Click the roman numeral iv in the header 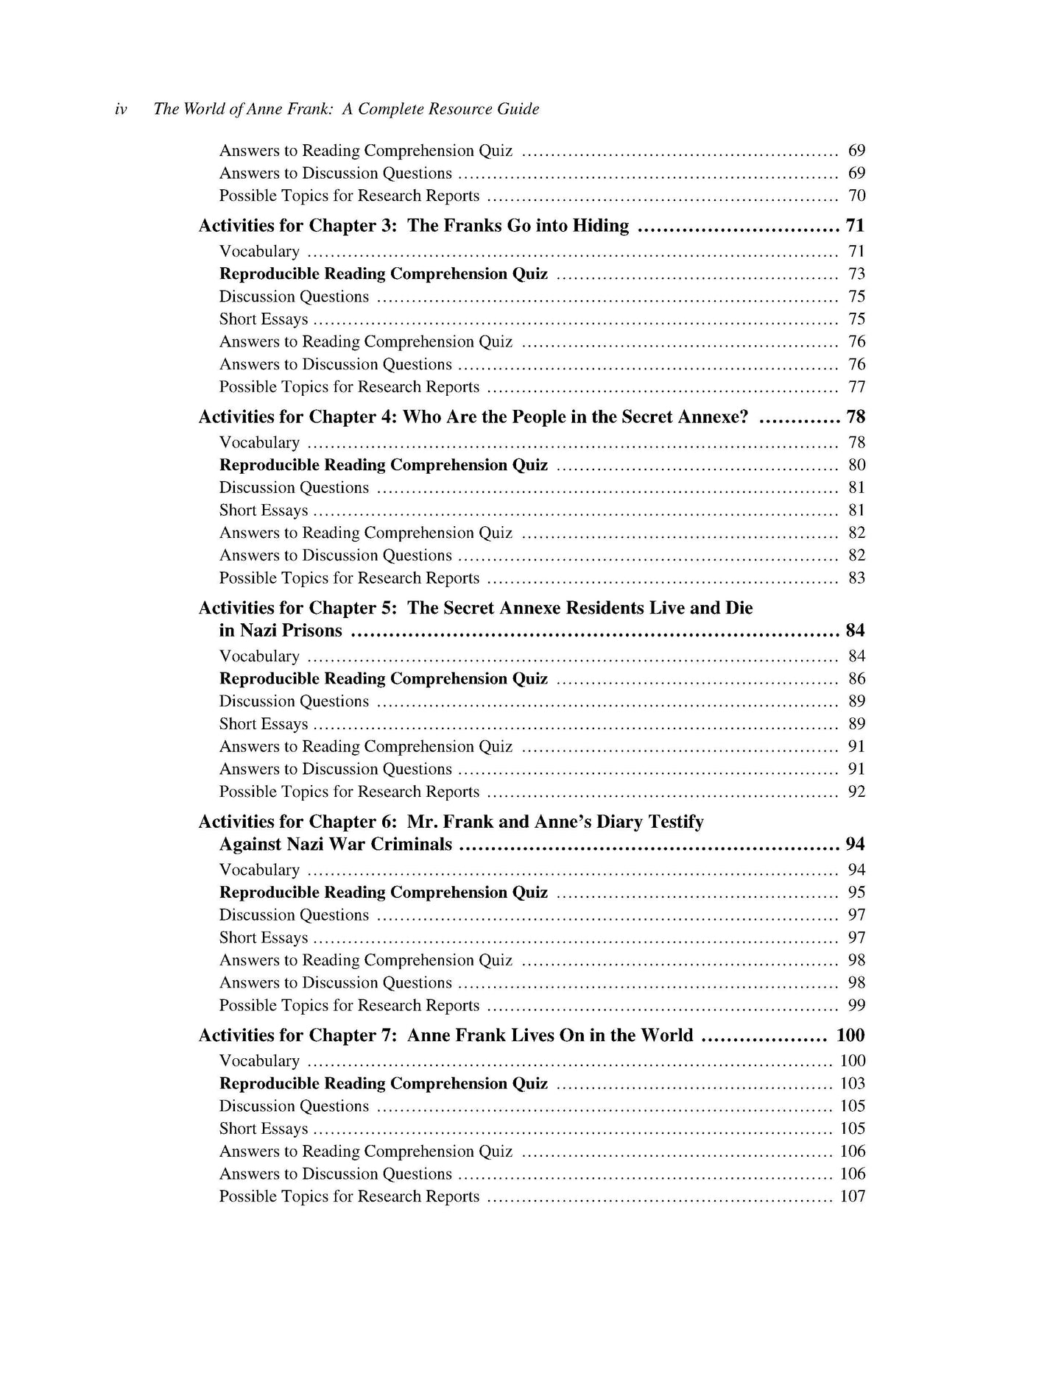(x=121, y=110)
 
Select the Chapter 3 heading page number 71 (x=855, y=226)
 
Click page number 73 (x=856, y=274)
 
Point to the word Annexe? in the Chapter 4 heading (x=716, y=417)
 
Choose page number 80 (x=856, y=465)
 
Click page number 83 (x=856, y=578)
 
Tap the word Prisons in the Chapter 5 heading (x=314, y=631)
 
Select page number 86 (x=856, y=679)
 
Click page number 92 (x=856, y=792)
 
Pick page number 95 (x=856, y=893)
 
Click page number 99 (x=856, y=1006)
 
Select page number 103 (x=853, y=1084)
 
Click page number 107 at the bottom (x=853, y=1196)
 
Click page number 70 (x=856, y=196)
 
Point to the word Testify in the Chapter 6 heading (x=674, y=822)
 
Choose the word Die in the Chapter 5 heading (x=739, y=608)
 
